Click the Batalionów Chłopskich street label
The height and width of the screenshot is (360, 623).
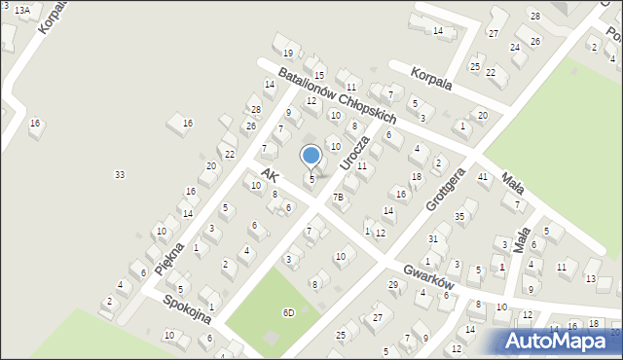click(x=336, y=94)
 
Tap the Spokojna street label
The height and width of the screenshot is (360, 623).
click(x=188, y=313)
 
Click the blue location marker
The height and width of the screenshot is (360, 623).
click(x=311, y=155)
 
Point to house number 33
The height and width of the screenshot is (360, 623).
click(x=119, y=174)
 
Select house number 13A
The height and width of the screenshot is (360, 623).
click(x=21, y=9)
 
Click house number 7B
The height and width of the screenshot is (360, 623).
click(x=338, y=198)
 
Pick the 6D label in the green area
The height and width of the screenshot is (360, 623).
click(x=288, y=312)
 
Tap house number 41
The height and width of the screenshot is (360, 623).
click(x=483, y=176)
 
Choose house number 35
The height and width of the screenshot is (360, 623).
click(x=459, y=216)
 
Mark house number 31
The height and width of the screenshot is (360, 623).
click(x=433, y=238)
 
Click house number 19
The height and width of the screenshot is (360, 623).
click(x=287, y=53)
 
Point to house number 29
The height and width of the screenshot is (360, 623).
click(x=393, y=284)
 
